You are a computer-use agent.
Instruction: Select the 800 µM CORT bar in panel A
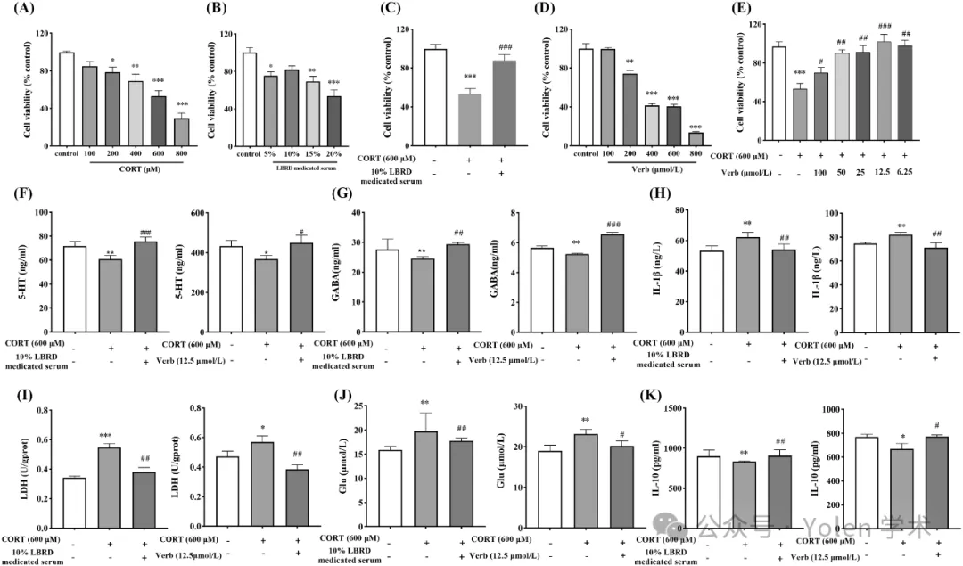click(180, 130)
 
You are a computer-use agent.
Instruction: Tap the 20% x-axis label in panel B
click(333, 154)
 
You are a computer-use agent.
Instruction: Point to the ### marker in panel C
click(506, 47)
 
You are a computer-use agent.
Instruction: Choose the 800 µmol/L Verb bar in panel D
click(695, 138)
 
